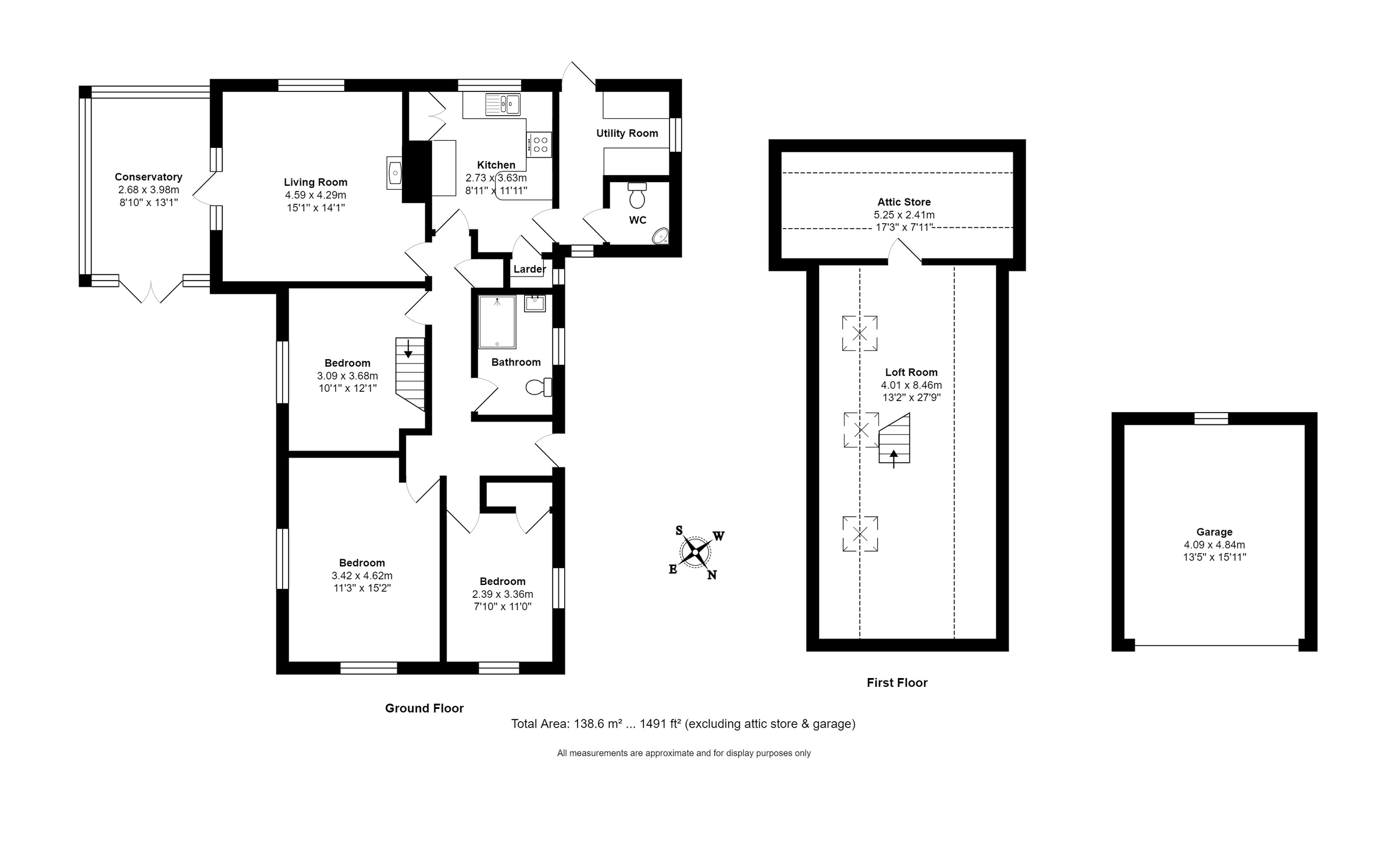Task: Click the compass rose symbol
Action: [695, 552]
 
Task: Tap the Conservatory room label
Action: [148, 177]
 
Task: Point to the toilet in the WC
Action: [638, 196]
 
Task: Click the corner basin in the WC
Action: [661, 236]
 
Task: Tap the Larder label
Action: [529, 269]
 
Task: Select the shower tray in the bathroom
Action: [497, 322]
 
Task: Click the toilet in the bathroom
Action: [539, 387]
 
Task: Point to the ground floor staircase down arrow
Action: [408, 349]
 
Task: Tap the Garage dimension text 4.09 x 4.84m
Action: [1214, 545]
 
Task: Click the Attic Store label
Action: [904, 202]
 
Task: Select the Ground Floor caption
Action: [424, 708]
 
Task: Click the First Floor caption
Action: [896, 683]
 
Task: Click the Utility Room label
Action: [627, 133]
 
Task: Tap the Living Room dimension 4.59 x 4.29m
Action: [315, 195]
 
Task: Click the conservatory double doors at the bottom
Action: [151, 292]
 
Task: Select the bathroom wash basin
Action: [535, 304]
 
